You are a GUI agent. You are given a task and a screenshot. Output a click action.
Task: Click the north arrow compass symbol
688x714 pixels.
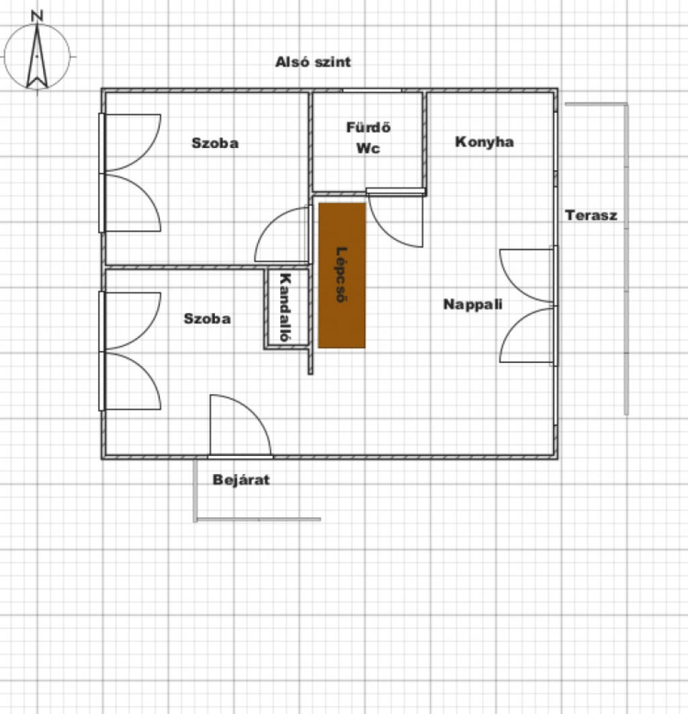(37, 56)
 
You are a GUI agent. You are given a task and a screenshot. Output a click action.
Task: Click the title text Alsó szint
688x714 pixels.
(313, 62)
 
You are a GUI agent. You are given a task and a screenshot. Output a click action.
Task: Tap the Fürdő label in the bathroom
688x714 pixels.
(368, 127)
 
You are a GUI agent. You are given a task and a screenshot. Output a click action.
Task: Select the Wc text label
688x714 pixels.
(368, 149)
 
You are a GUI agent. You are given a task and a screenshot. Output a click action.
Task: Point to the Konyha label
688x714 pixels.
(484, 142)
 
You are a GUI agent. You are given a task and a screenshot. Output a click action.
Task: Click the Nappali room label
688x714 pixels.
(473, 304)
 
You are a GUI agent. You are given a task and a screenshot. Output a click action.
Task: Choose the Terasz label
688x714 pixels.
(591, 215)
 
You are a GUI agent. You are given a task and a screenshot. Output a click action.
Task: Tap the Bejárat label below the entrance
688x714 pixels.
(241, 479)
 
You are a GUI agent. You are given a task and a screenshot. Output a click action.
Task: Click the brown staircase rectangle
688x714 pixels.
(342, 276)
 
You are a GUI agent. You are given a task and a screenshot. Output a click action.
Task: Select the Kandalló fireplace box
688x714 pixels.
(287, 308)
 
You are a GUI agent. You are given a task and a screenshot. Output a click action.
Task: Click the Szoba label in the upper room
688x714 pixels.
(215, 143)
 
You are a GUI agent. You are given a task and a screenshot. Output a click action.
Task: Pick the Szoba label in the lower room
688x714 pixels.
(207, 319)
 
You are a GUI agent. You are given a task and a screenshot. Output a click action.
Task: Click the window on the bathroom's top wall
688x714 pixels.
(372, 90)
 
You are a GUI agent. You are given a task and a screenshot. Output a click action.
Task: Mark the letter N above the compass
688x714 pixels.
(37, 16)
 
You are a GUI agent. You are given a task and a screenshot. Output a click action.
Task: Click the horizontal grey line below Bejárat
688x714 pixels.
(259, 519)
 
